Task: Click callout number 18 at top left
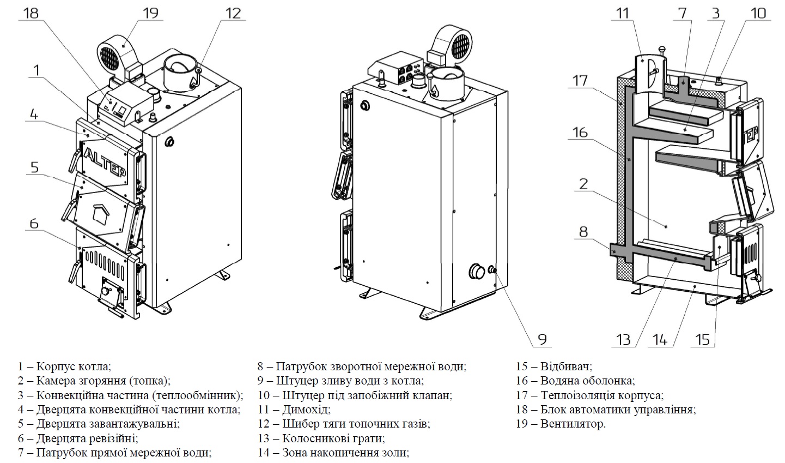pyautogui.click(x=31, y=12)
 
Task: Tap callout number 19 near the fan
pyautogui.click(x=150, y=12)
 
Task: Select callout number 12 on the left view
pyautogui.click(x=233, y=12)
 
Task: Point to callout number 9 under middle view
pyautogui.click(x=542, y=339)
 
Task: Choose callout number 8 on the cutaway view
pyautogui.click(x=583, y=231)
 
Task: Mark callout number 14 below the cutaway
pyautogui.click(x=659, y=339)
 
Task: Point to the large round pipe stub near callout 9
pyautogui.click(x=478, y=271)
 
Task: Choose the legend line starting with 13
pyautogui.click(x=322, y=438)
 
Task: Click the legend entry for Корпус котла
pyautogui.click(x=64, y=367)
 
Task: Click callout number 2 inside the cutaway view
pyautogui.click(x=583, y=184)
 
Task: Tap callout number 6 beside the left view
pyautogui.click(x=34, y=224)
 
